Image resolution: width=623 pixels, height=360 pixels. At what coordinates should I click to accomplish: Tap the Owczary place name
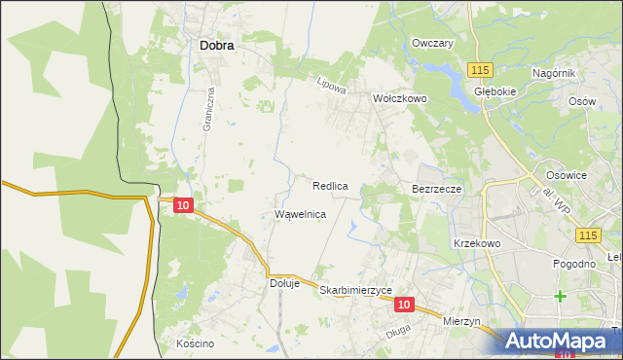pos(433,44)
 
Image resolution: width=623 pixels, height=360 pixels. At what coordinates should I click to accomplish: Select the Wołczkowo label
pos(400,98)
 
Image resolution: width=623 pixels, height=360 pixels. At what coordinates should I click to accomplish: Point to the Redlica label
pos(330,185)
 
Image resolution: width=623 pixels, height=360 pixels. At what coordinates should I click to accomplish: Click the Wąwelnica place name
pos(300,213)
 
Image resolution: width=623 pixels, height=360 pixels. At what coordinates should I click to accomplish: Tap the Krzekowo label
pos(476,243)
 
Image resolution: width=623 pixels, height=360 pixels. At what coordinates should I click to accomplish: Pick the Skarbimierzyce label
pos(355,291)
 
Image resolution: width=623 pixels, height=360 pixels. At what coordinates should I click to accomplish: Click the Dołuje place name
pos(286,284)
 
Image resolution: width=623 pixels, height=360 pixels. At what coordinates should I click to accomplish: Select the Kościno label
pos(195,344)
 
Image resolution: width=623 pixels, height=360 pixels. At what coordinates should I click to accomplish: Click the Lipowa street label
pos(332,86)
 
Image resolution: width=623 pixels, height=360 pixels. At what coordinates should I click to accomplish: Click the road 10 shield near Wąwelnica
pos(184,205)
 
